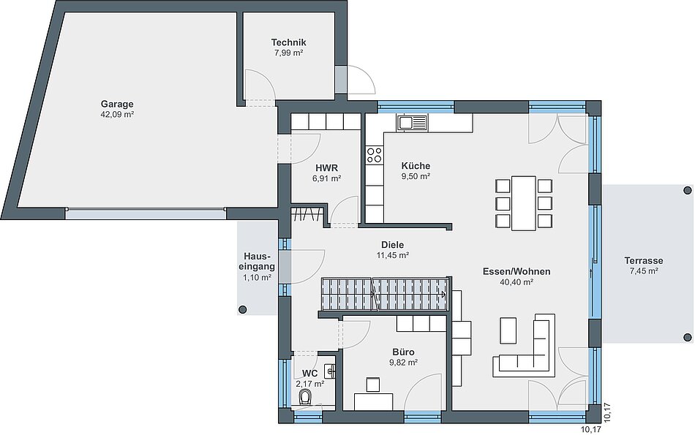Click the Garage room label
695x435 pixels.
(117, 104)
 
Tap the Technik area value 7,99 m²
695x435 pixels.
(288, 53)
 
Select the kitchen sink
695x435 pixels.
(412, 122)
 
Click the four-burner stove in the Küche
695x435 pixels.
(374, 155)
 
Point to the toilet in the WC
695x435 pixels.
(305, 397)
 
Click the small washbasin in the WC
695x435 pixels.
(330, 371)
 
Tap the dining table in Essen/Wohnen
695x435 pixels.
(524, 203)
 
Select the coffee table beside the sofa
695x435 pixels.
(508, 330)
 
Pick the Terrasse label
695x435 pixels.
(644, 260)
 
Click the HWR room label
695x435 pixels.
(327, 168)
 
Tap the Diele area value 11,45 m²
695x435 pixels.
(393, 255)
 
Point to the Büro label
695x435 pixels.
(403, 352)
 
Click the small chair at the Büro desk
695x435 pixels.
(373, 385)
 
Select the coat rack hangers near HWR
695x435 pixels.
(307, 214)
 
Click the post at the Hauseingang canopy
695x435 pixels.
(242, 310)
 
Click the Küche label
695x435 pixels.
(416, 166)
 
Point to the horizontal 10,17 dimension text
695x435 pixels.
(591, 429)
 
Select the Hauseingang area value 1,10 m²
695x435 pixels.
(257, 278)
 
